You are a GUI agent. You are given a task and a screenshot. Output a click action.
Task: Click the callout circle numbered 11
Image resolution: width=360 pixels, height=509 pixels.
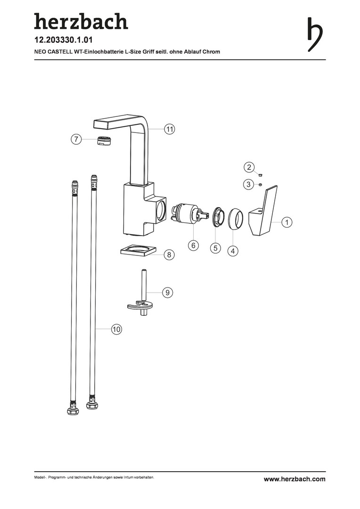[169, 129]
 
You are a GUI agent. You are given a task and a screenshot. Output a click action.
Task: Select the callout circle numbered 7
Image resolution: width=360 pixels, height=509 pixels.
[76, 139]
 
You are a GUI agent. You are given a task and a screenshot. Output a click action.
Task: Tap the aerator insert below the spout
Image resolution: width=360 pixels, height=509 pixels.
[104, 140]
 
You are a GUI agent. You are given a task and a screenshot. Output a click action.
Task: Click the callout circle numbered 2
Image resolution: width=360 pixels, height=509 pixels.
[249, 167]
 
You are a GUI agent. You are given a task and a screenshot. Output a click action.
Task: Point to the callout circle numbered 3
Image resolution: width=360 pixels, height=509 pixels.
[248, 184]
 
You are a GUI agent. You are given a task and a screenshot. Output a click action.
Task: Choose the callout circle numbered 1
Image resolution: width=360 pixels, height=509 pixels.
[286, 222]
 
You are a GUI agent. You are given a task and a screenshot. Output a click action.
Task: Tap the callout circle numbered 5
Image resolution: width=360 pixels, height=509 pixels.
[215, 248]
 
